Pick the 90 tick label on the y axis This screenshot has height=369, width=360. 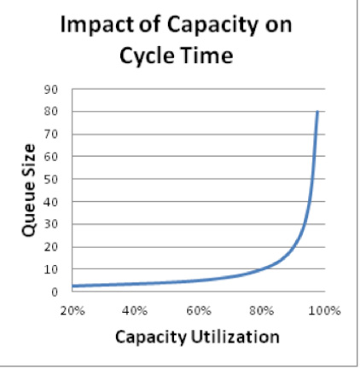pos(52,89)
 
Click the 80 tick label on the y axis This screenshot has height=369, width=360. pos(52,112)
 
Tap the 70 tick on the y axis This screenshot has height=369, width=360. pos(52,134)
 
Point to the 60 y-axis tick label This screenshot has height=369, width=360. pos(52,157)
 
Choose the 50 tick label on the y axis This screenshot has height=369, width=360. pos(52,179)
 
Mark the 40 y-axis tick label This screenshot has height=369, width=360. pos(52,202)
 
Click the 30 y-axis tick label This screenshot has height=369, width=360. pos(52,224)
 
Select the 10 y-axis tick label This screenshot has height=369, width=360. pos(52,269)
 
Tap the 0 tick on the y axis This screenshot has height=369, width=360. pos(55,292)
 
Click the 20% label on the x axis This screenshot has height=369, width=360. pos(72,309)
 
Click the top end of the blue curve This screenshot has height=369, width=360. pos(318,112)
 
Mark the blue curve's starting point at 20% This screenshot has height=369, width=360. pos(73,285)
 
